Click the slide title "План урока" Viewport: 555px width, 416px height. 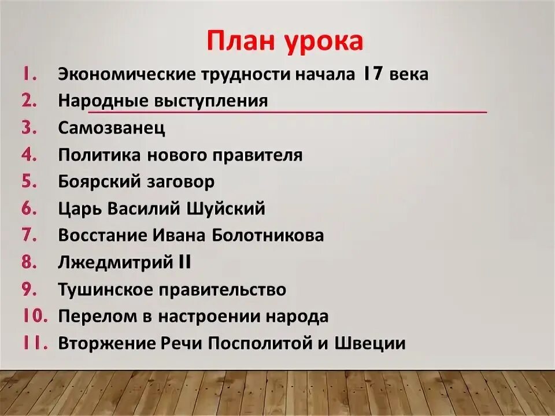(285, 42)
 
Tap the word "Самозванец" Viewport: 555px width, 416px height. (112, 128)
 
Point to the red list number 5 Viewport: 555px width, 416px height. (29, 181)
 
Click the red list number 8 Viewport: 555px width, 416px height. (29, 262)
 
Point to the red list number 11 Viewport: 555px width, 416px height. (35, 343)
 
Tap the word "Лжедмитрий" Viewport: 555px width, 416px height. (114, 262)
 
